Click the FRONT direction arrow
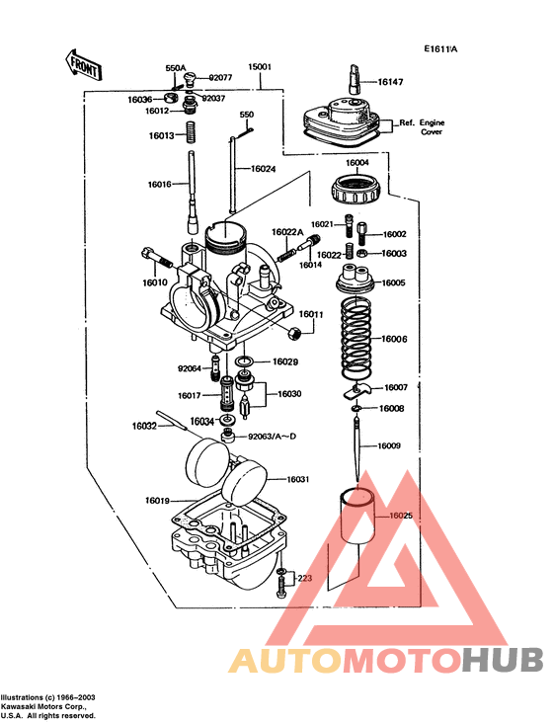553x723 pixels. point(82,64)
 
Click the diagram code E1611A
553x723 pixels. point(441,48)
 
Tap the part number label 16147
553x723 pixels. point(390,83)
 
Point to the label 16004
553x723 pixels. point(357,162)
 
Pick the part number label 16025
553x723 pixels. point(401,515)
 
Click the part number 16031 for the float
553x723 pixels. point(298,479)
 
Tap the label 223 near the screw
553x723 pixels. point(305,578)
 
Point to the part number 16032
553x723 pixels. point(144,427)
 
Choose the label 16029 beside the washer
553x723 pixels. point(285,361)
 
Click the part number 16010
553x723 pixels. point(155,282)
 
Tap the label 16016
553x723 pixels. point(160,185)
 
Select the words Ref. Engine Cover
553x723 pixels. point(421,126)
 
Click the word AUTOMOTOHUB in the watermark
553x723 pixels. point(386,660)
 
